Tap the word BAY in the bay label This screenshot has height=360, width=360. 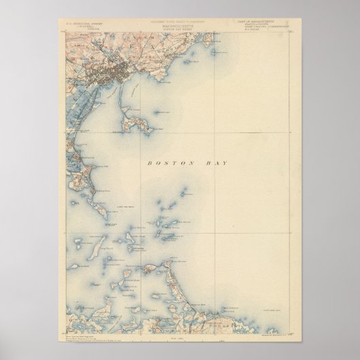click(218, 164)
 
